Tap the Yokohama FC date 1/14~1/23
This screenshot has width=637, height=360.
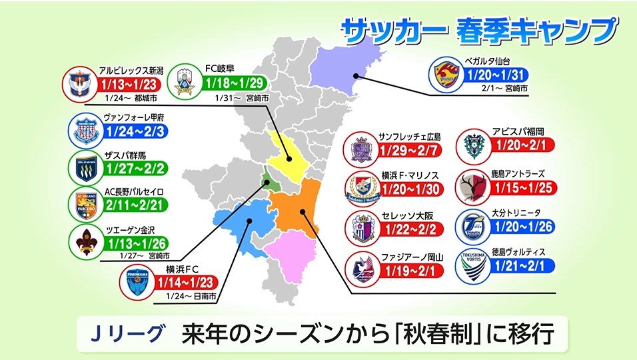187,282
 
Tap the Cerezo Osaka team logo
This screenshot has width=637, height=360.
364,227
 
